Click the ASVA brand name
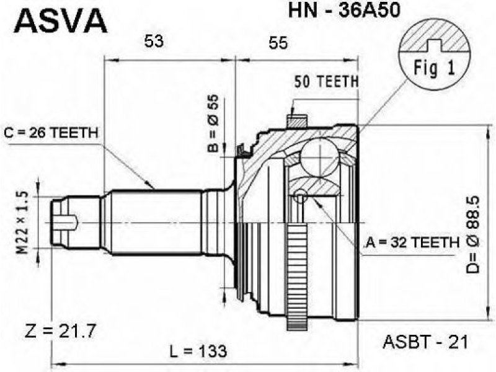(x=60, y=20)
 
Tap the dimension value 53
(x=154, y=42)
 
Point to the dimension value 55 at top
(x=278, y=42)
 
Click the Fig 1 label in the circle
(x=433, y=68)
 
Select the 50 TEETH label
(x=326, y=81)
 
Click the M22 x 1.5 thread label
(x=23, y=222)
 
